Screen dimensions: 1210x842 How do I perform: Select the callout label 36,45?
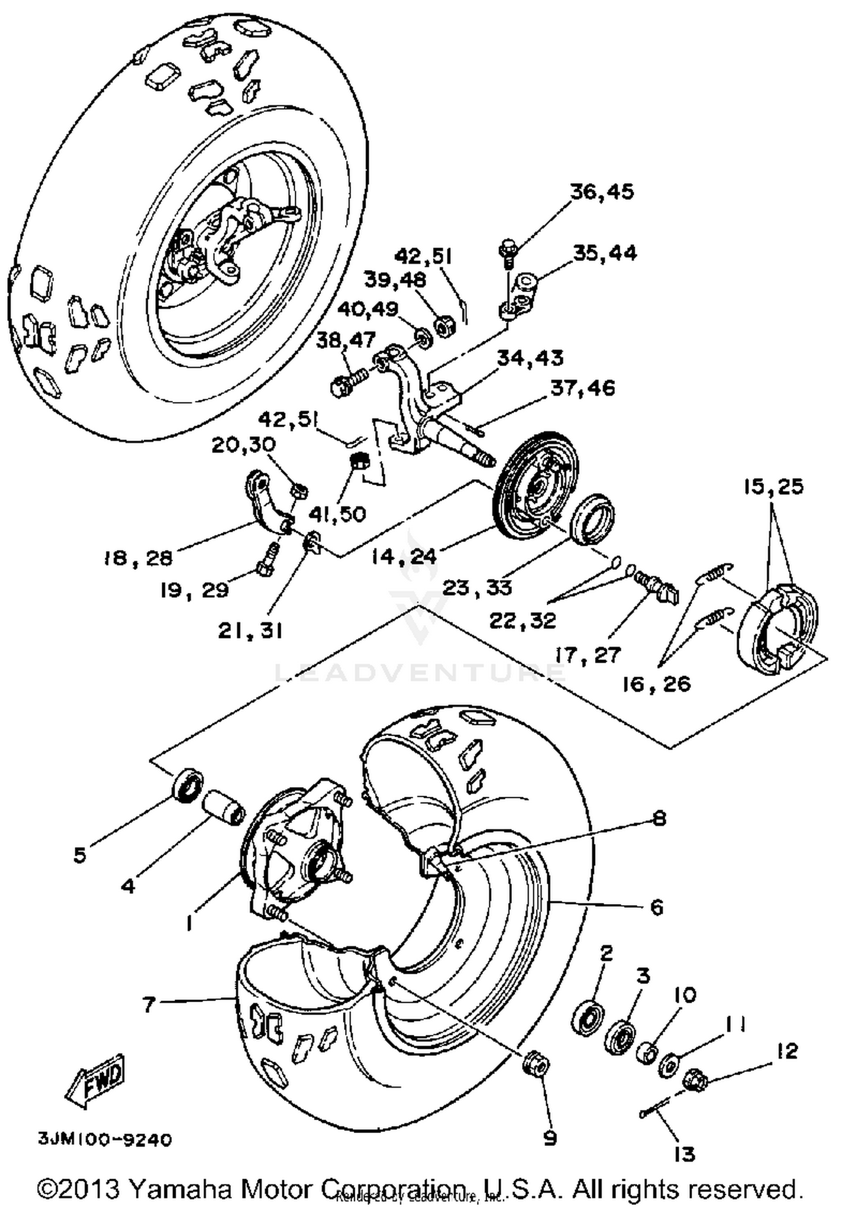602,192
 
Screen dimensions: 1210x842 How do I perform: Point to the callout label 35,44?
605,253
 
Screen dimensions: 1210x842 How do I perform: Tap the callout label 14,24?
404,556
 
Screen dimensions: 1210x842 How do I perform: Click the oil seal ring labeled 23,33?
592,515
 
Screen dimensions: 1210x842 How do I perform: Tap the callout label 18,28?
138,558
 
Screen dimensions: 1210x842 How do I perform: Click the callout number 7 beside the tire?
148,1004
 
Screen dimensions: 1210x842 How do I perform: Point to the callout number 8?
659,818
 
